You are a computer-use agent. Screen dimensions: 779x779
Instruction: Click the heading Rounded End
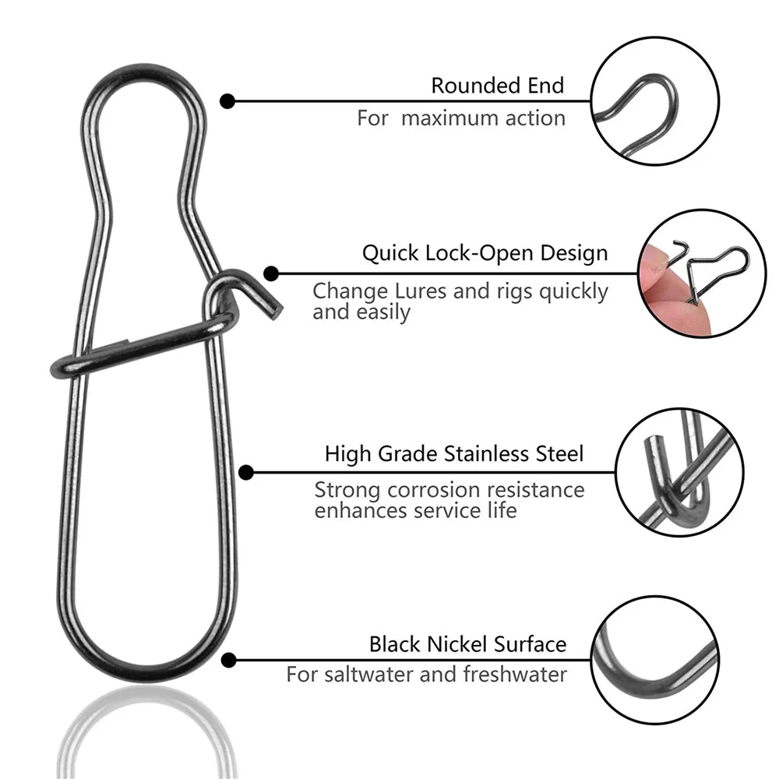[497, 85]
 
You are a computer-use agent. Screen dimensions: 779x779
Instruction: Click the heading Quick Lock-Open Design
[485, 254]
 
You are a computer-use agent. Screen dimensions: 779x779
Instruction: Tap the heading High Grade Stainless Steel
[453, 453]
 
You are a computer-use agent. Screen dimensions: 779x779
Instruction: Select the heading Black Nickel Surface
[467, 644]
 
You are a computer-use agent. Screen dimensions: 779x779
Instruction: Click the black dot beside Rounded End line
[227, 100]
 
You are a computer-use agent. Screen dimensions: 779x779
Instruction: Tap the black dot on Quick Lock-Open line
[271, 273]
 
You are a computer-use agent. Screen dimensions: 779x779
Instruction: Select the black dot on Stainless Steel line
[246, 471]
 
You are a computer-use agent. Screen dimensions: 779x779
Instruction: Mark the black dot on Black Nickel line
[228, 661]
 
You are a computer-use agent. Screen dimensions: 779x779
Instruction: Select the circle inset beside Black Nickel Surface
[654, 661]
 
